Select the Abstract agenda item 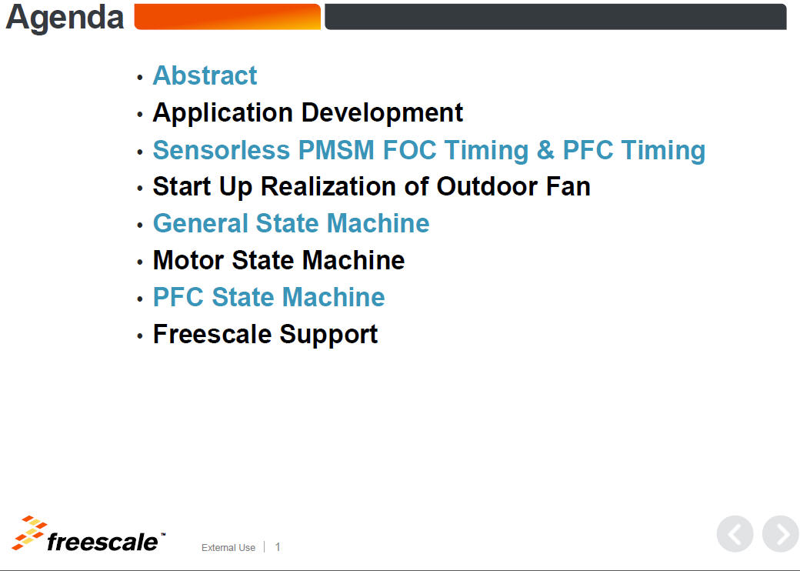[x=205, y=75]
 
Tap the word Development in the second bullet [x=382, y=113]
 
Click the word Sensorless [x=222, y=150]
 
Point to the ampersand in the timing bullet [x=545, y=150]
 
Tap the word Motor [x=188, y=260]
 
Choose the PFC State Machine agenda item [x=269, y=297]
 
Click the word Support [x=328, y=336]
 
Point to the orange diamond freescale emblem [x=28, y=533]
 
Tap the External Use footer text [x=228, y=547]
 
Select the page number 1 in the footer [x=278, y=547]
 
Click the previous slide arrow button [x=735, y=534]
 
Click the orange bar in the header [x=228, y=17]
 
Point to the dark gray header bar [x=555, y=17]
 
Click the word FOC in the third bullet [x=409, y=150]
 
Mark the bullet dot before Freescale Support [x=140, y=336]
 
